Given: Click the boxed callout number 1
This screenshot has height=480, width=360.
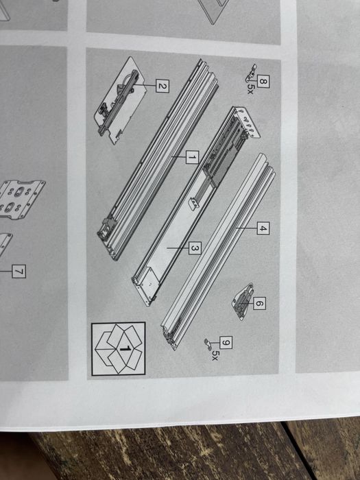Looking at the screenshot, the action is (x=192, y=157).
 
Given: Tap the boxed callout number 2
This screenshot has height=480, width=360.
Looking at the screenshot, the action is (x=163, y=86).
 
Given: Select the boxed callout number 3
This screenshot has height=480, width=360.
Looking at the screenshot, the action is (x=195, y=248).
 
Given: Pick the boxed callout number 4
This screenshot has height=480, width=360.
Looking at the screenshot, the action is (x=263, y=228).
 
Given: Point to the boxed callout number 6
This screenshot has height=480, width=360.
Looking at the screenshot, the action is (x=259, y=303).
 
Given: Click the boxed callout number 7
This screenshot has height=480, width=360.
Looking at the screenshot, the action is (x=19, y=272).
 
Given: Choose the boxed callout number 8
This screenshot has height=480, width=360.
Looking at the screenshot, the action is (x=263, y=82).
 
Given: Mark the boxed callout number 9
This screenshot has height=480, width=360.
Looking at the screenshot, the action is (x=226, y=343).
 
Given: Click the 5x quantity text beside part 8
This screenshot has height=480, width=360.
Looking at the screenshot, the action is (x=250, y=89).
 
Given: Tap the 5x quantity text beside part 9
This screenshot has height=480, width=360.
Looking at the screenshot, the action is (x=215, y=355).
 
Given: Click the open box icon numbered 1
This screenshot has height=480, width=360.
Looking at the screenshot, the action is (x=119, y=348).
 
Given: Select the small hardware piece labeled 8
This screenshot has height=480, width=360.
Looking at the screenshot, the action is (x=251, y=73).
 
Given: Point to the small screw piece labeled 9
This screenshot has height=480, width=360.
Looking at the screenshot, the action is (x=208, y=344).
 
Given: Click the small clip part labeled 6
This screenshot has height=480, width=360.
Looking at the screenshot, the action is (x=243, y=302).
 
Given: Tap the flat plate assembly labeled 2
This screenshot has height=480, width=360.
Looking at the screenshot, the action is (x=120, y=100).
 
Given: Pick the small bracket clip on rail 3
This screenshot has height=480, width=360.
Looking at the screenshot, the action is (x=194, y=204).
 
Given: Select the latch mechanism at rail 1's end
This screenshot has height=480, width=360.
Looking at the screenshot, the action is (x=108, y=228).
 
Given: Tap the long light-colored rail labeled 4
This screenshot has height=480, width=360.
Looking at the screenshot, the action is (x=218, y=252).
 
